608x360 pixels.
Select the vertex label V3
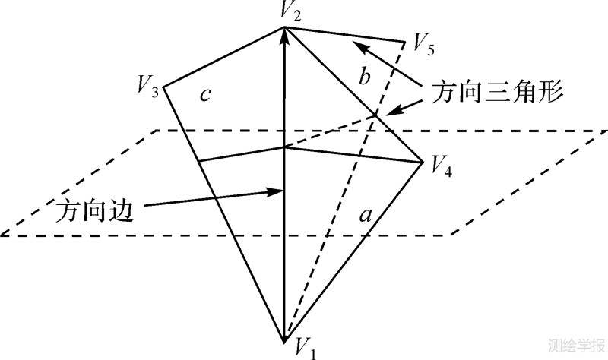[147, 85]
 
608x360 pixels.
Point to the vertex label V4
[442, 166]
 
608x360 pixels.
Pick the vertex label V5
[423, 44]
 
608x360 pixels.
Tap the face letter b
[365, 77]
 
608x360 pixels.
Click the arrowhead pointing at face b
[361, 47]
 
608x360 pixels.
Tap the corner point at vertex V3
[163, 86]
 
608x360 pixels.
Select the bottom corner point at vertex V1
[285, 339]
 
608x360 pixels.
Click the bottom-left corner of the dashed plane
[2, 235]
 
